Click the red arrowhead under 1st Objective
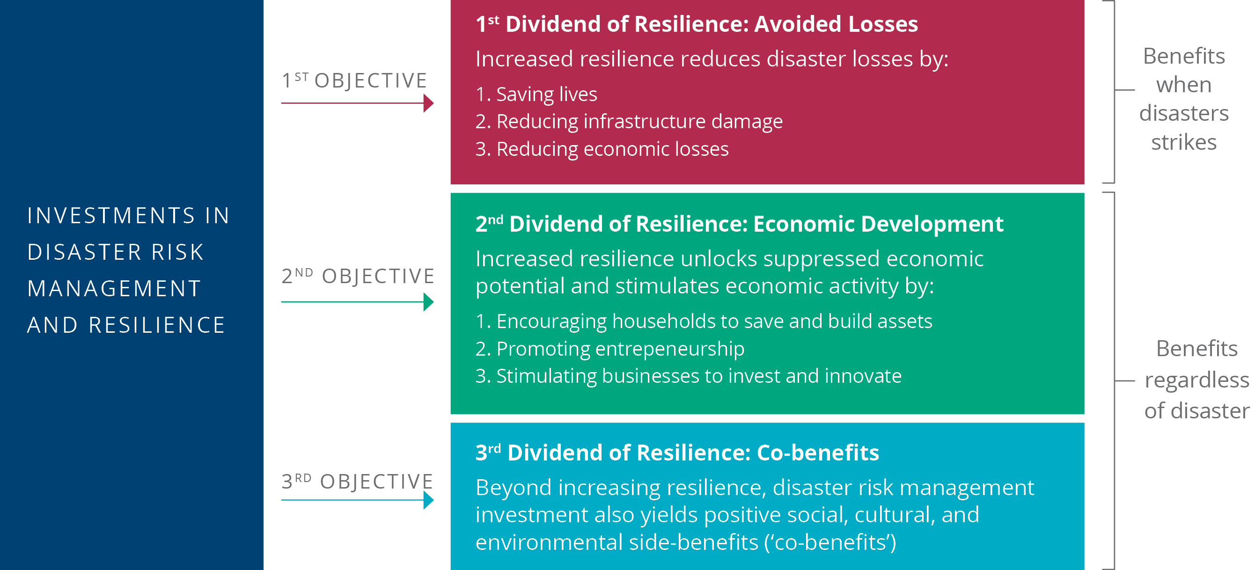point(428,103)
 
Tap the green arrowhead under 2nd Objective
point(428,302)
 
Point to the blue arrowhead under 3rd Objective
point(428,500)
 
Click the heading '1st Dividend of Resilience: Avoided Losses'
point(697,24)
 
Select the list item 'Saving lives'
point(547,94)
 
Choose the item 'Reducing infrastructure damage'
point(639,121)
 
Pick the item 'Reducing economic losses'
point(612,149)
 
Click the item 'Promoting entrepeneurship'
point(620,349)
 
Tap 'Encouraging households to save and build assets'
point(714,322)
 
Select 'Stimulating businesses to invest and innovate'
point(698,376)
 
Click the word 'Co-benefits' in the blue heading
point(818,453)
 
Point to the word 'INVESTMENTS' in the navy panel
point(111,216)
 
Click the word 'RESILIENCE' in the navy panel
point(157,325)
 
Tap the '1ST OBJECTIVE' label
point(355,80)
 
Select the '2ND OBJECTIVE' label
point(358,276)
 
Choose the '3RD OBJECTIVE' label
point(357,482)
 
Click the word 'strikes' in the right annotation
point(1184,142)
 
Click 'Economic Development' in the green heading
point(878,224)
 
